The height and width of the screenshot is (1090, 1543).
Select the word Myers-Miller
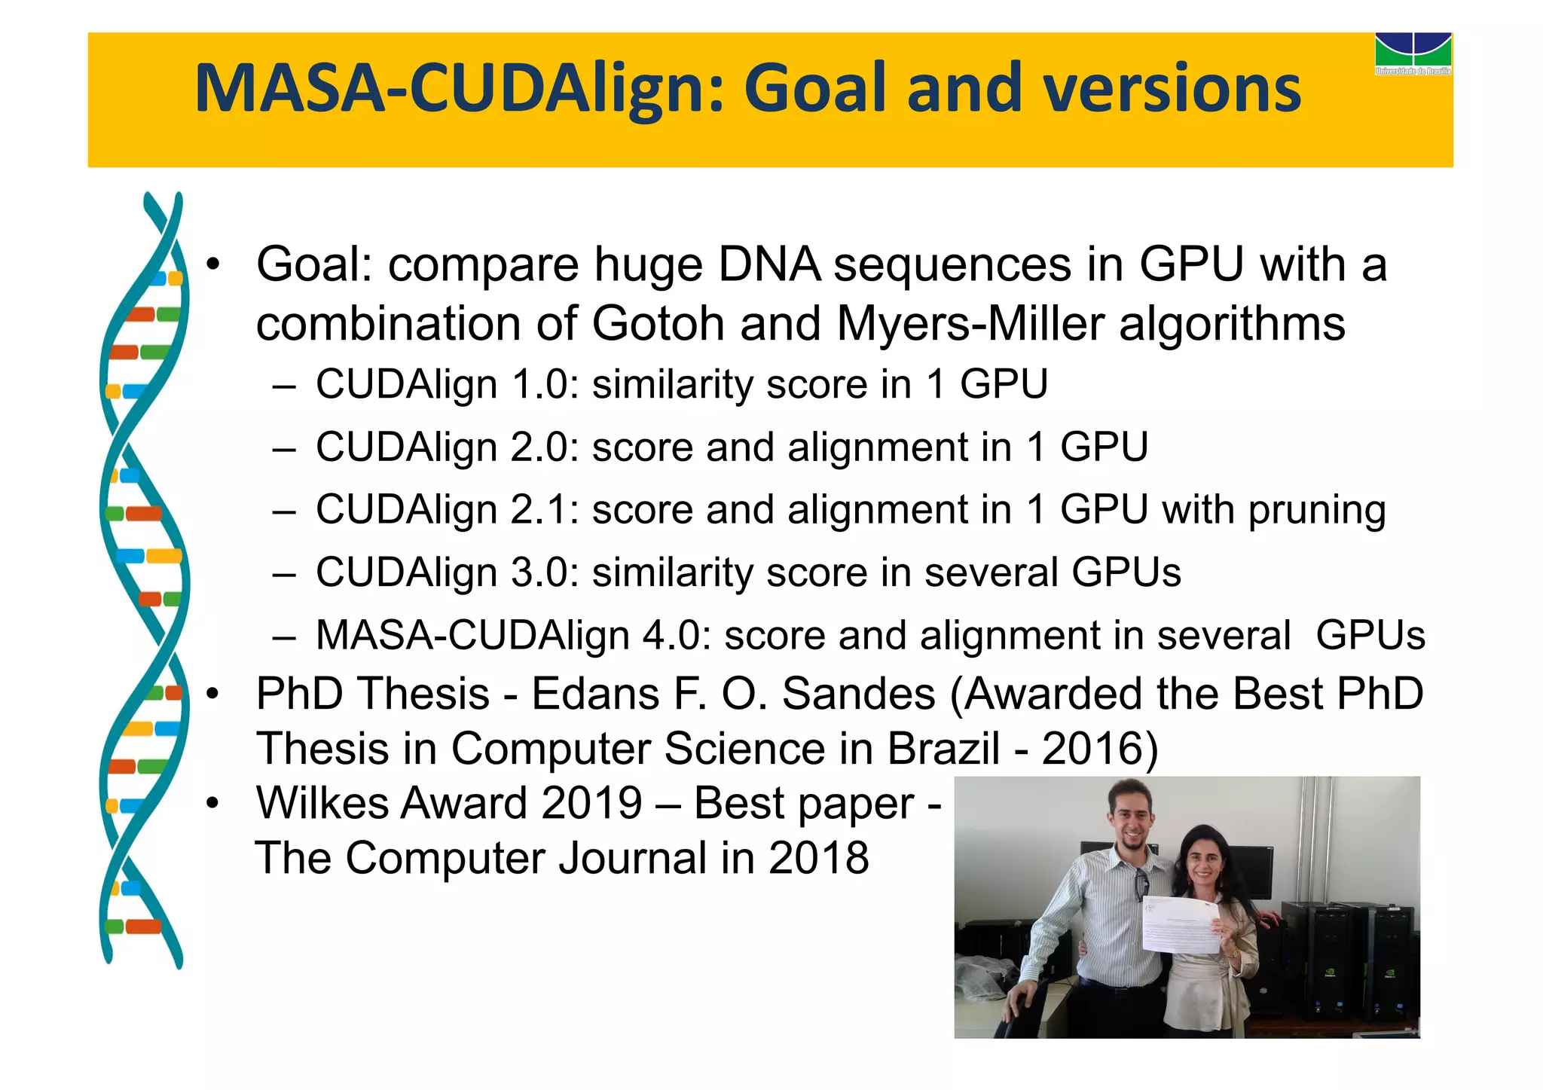pos(970,324)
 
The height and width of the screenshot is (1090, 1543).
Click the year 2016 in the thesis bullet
pos(1092,749)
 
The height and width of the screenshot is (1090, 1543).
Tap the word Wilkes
pos(324,803)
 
